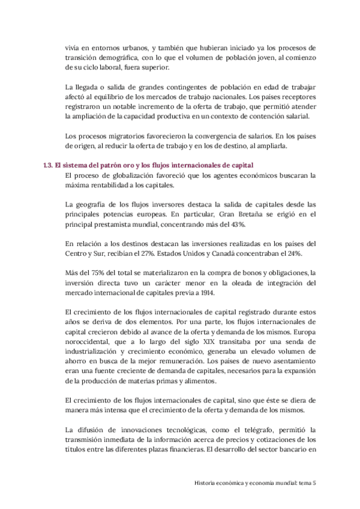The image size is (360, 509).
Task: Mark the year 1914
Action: point(238,292)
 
